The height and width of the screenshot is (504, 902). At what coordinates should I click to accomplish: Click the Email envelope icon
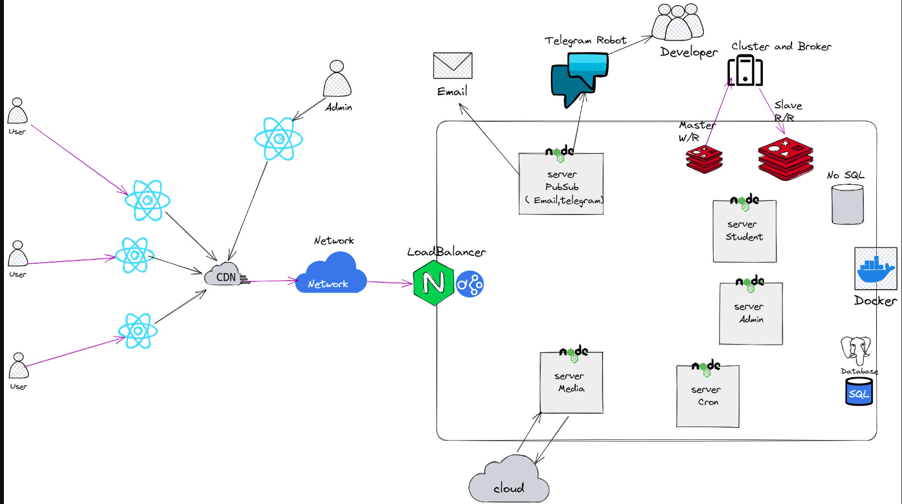tap(453, 65)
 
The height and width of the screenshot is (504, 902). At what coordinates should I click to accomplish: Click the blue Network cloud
tap(331, 273)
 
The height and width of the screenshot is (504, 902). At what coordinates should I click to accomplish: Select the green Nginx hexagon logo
tap(433, 283)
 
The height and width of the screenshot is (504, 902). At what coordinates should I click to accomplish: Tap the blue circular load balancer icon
tap(470, 284)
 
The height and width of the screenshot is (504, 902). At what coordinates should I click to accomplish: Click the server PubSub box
tap(561, 184)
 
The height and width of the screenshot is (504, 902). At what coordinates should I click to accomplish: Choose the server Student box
tap(744, 231)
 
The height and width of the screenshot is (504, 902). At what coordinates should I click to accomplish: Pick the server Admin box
tap(751, 313)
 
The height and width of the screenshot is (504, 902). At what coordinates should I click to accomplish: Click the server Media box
tap(572, 382)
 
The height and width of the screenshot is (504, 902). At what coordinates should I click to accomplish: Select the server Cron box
tap(707, 396)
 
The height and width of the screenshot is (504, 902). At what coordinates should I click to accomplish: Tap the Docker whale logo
tap(876, 269)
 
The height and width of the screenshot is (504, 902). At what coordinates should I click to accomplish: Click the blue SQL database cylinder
tap(858, 391)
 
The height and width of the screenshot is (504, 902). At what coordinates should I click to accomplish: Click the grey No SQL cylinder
tap(847, 204)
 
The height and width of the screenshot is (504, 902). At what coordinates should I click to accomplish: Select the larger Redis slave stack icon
tap(785, 159)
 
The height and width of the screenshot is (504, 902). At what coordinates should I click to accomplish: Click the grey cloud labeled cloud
tap(509, 479)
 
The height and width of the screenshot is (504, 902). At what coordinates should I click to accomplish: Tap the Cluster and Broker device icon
tap(745, 71)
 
